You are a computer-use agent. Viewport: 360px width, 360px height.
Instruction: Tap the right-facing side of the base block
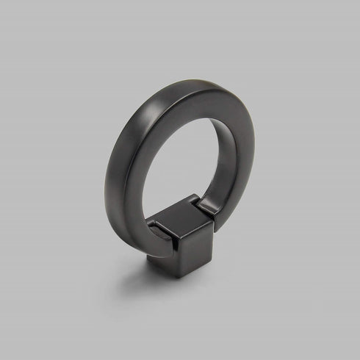pos(195,248)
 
